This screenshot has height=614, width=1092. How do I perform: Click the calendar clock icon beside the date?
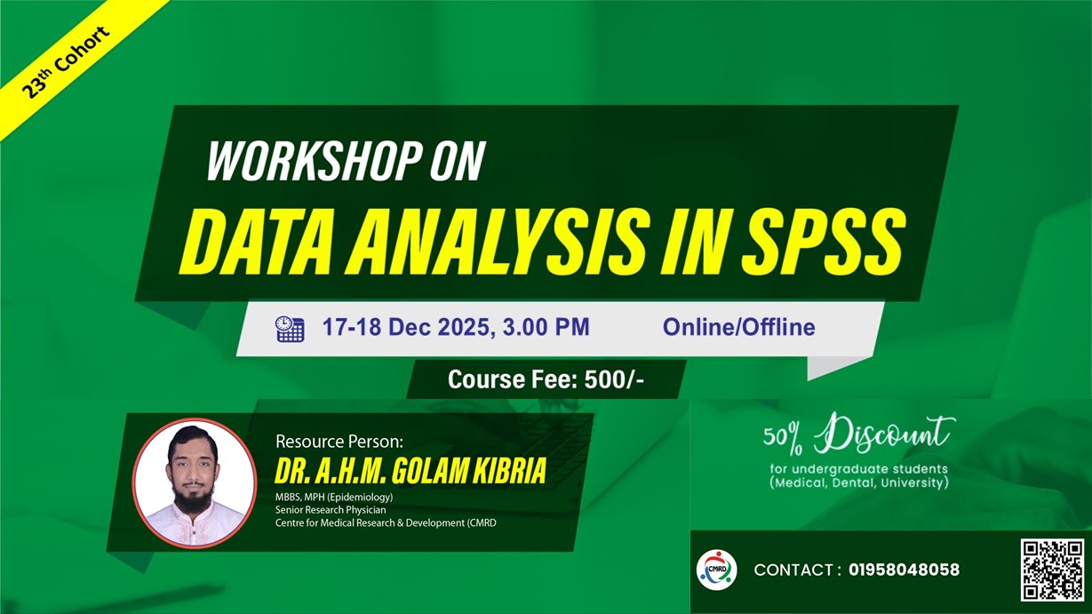[289, 328]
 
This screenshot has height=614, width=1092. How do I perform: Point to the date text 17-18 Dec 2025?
[404, 327]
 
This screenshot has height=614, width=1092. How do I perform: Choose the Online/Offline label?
[738, 327]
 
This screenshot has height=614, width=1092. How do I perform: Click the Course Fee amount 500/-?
[614, 380]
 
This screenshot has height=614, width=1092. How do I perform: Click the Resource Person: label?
[339, 441]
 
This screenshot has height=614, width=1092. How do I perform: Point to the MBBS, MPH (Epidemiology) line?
[334, 497]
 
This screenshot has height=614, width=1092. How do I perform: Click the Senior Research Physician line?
[331, 510]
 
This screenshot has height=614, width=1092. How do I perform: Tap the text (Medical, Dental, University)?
[858, 483]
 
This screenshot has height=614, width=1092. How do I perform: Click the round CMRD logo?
[715, 570]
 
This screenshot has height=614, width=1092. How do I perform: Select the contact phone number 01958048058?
[904, 570]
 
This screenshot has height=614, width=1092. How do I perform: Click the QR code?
[1052, 570]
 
